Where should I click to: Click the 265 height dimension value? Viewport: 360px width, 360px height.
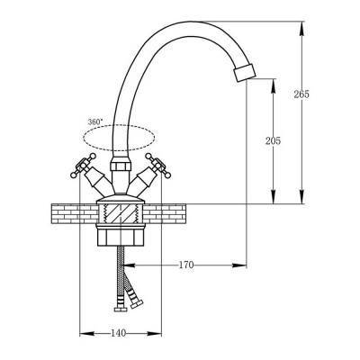[301, 94]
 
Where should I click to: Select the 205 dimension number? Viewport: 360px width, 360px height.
[273, 140]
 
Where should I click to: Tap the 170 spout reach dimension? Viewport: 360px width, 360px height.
[186, 265]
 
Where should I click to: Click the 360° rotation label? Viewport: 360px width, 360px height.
[95, 121]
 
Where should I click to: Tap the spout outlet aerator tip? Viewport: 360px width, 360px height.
[245, 72]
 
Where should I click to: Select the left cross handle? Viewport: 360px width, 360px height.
[84, 166]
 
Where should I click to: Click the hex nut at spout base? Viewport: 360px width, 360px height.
[121, 166]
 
